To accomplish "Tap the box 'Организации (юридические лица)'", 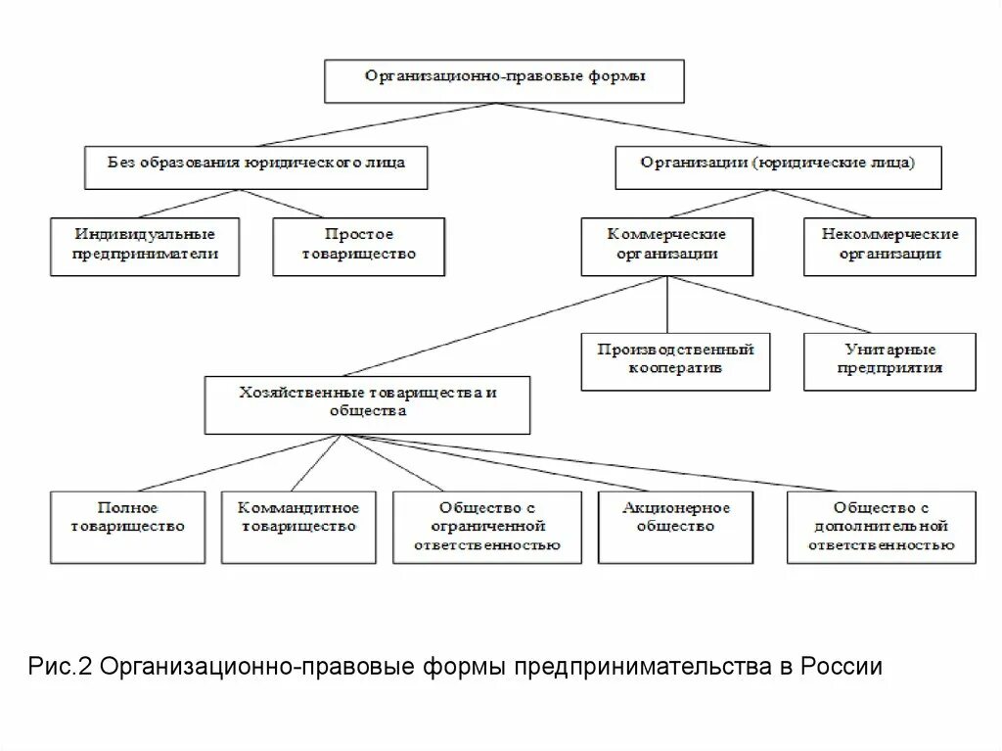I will pos(778,166).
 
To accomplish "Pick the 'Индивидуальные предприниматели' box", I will pos(145,246).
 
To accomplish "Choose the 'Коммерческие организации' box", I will pos(666,246).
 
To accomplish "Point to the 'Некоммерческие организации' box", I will pos(889,246).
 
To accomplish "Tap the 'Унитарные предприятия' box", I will pos(889,360).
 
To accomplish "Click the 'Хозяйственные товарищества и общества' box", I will pos(367,404).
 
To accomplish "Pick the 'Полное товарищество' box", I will pos(127,526).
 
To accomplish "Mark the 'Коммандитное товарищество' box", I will pos(298,526).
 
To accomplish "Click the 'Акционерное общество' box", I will pos(676,526).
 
